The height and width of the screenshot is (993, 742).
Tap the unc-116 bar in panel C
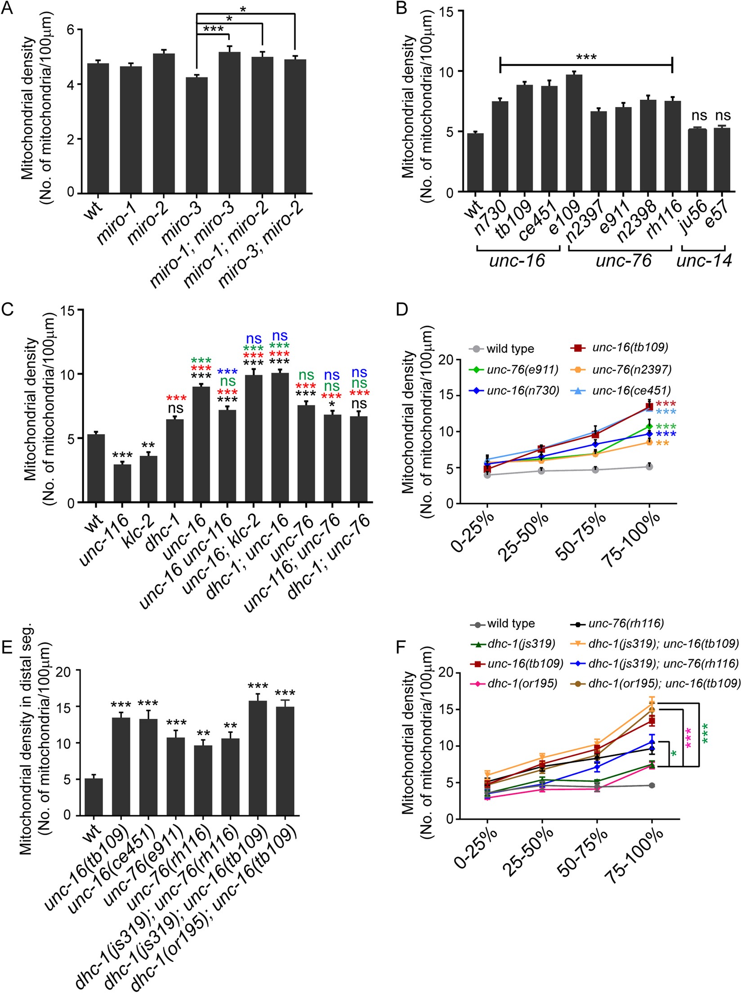pyautogui.click(x=122, y=483)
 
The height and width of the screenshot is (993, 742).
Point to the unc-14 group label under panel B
pyautogui.click(x=704, y=261)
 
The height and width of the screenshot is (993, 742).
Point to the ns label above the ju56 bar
pyautogui.click(x=699, y=116)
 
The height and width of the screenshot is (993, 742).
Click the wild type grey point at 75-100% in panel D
pyautogui.click(x=649, y=467)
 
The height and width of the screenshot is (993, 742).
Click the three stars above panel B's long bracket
pyautogui.click(x=586, y=57)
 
